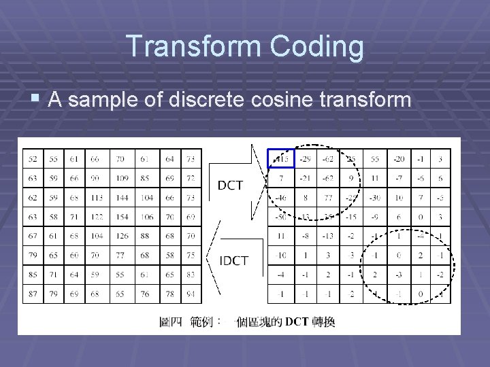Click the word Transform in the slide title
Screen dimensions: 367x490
point(193,47)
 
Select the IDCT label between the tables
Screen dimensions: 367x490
point(233,260)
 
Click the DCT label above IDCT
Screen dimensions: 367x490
point(230,185)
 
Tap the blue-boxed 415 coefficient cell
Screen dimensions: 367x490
point(280,159)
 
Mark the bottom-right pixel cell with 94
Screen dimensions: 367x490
point(192,294)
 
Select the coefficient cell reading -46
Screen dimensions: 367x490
point(280,198)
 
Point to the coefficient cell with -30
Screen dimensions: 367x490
point(374,198)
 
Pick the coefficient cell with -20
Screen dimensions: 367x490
point(398,159)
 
